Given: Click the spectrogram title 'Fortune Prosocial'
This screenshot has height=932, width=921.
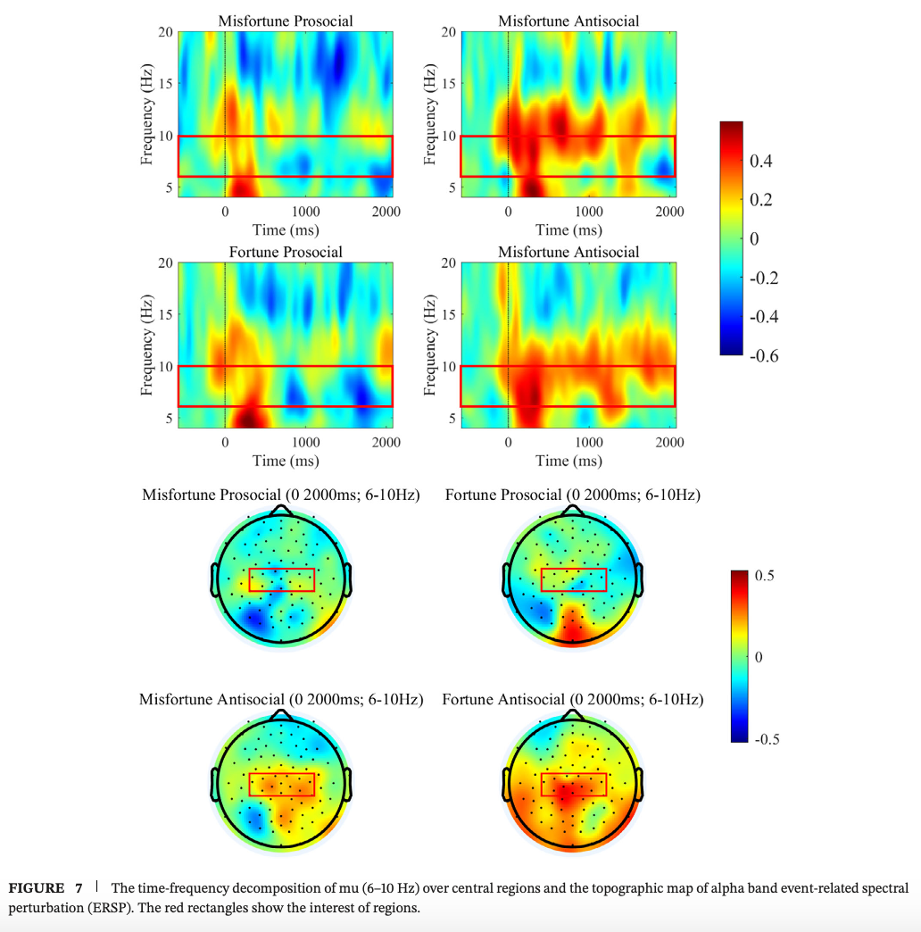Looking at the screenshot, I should (x=285, y=252).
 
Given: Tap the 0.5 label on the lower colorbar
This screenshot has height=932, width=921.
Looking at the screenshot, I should (x=764, y=575).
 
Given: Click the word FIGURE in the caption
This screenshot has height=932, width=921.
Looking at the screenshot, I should (x=37, y=888).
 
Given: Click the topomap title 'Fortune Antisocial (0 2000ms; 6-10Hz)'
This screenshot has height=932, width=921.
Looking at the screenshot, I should (x=572, y=700).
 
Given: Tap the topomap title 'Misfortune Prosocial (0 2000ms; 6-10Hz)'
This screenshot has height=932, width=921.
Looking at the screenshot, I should (x=281, y=494).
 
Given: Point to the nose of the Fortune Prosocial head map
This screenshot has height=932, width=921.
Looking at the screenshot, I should (x=573, y=510).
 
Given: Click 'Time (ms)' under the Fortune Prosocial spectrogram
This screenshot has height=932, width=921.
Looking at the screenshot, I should (x=286, y=461).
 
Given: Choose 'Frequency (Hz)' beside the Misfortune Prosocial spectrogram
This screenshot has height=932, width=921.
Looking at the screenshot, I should (x=146, y=113).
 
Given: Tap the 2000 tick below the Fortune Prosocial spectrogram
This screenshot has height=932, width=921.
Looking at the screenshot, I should (x=386, y=442).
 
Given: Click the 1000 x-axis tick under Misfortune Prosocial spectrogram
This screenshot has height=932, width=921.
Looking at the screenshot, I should (x=305, y=212).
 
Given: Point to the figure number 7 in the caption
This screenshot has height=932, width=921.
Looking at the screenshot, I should (x=79, y=888).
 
